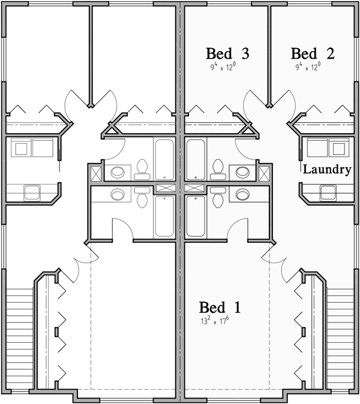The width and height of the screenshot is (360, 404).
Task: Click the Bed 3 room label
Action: pos(227,53)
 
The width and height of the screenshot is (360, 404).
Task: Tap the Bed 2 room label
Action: pos(313,53)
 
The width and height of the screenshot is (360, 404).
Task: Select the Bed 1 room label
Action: pos(220,308)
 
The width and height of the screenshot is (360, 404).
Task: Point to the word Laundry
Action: pos(326,170)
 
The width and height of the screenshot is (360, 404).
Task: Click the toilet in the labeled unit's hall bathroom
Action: pos(218,168)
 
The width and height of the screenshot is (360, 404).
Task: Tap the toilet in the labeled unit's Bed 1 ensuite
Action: pos(218,196)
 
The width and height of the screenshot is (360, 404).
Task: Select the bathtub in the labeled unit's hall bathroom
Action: pos(195,159)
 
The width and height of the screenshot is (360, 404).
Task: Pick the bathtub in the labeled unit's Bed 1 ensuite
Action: pos(195,214)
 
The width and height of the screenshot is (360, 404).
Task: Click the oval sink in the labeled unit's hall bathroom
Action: pos(243,172)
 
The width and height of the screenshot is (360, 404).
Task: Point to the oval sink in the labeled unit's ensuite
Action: pos(243,194)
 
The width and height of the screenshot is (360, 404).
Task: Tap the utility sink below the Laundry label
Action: pos(328,192)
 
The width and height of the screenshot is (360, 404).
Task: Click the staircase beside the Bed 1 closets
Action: pos(339,336)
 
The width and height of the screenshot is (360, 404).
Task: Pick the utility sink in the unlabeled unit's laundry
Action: pos(32,192)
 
